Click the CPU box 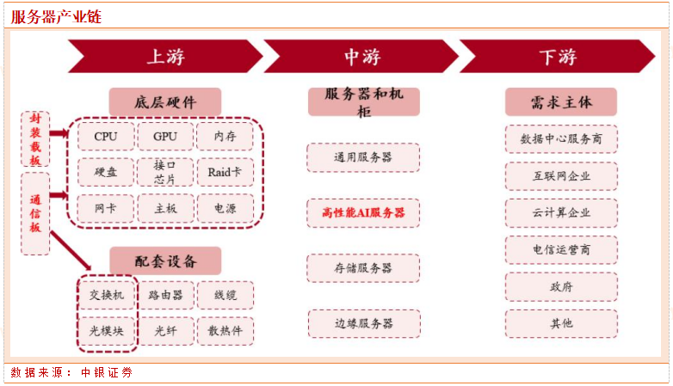(x=106, y=137)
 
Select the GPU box (x=165, y=137)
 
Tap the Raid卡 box (x=225, y=172)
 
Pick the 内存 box (x=225, y=137)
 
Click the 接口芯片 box (x=165, y=172)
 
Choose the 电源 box (x=225, y=208)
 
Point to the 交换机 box (x=107, y=295)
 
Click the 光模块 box (x=107, y=331)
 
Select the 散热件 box (x=225, y=331)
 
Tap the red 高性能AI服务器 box (x=363, y=212)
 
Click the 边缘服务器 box (x=364, y=323)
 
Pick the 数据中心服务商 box (x=561, y=139)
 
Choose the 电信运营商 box (x=561, y=249)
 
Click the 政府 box (x=561, y=286)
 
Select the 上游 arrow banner (x=165, y=56)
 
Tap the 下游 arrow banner (x=558, y=56)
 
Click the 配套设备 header (x=165, y=260)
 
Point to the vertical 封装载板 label (x=35, y=139)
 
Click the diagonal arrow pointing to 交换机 (x=71, y=251)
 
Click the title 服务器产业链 (x=56, y=16)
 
